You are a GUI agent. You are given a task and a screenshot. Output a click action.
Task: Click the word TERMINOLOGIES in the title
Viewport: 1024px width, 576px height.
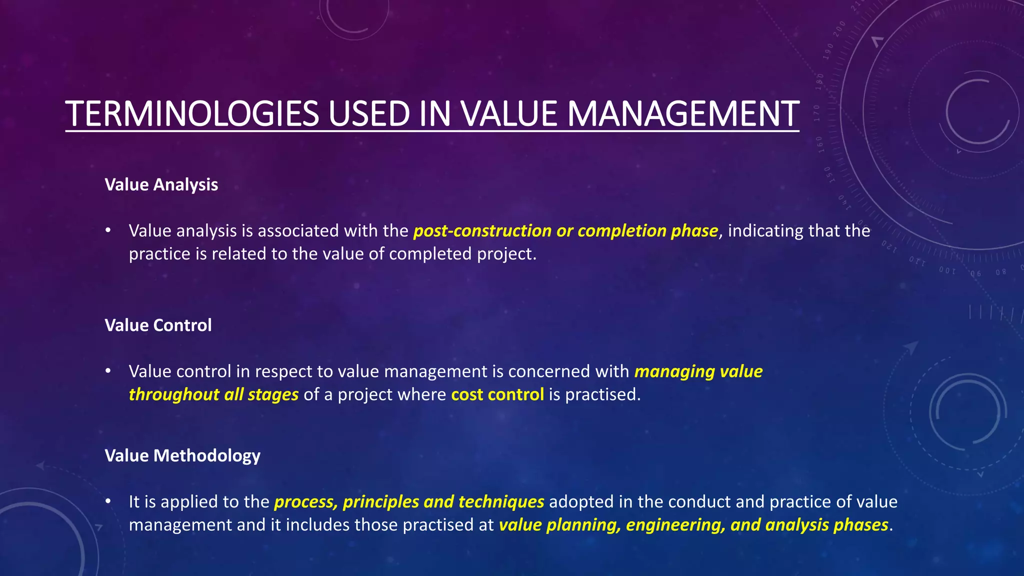click(x=192, y=114)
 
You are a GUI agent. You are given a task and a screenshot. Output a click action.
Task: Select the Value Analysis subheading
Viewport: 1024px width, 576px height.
click(x=161, y=184)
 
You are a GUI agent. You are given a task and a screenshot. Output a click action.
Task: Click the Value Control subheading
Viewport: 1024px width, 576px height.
click(x=158, y=325)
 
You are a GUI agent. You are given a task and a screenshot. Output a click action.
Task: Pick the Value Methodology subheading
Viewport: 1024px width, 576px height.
click(x=182, y=455)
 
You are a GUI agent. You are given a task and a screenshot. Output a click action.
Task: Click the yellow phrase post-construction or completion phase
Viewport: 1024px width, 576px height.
click(x=565, y=230)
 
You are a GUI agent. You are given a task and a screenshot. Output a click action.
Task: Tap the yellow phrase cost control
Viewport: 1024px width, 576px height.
click(x=497, y=394)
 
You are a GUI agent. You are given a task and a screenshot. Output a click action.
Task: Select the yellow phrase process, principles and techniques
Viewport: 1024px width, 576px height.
click(x=409, y=501)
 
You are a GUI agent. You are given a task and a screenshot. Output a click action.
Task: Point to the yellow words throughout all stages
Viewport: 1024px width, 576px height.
click(x=213, y=394)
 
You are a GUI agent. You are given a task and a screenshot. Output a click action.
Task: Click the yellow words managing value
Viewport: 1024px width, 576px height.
click(x=698, y=371)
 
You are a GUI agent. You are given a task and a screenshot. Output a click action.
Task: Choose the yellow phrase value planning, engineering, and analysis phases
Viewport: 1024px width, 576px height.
click(x=693, y=524)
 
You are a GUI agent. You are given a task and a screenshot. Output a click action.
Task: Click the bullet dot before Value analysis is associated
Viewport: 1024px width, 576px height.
click(x=107, y=230)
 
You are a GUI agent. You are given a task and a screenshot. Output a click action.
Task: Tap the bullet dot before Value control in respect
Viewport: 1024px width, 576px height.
click(x=107, y=371)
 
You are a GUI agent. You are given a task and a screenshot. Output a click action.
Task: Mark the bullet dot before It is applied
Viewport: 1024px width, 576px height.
click(x=107, y=501)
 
